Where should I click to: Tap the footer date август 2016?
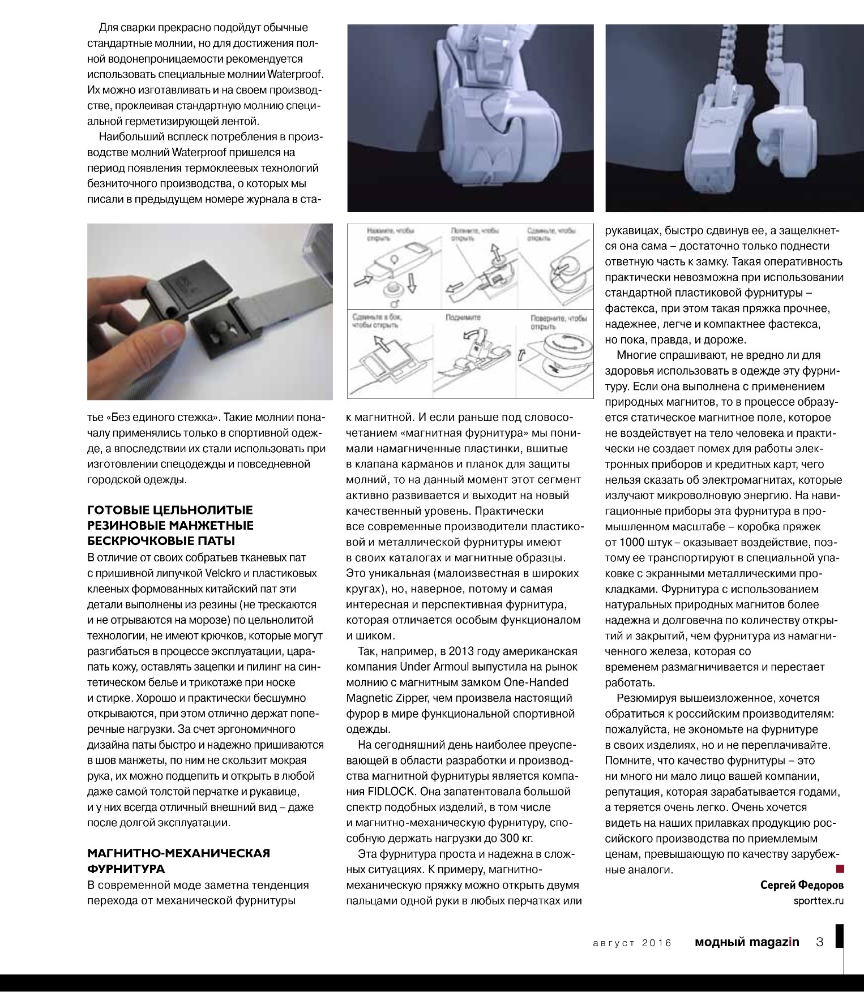(x=632, y=943)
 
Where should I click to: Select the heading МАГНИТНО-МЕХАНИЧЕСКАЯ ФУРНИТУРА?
(x=178, y=860)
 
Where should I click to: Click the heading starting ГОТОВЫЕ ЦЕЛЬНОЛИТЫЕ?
(x=170, y=525)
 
